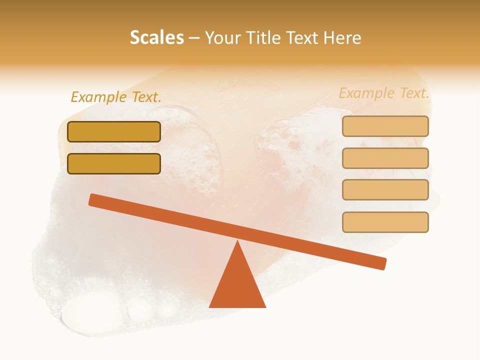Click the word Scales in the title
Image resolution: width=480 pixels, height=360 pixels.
tap(156, 37)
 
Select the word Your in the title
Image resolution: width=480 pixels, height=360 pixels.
tap(223, 37)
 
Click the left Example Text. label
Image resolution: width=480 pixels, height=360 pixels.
tap(116, 97)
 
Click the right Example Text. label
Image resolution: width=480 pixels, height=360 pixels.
tap(384, 93)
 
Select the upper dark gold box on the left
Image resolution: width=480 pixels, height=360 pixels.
tap(114, 131)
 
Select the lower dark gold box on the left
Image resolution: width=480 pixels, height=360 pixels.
tap(114, 163)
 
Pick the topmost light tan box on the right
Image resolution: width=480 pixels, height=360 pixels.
tap(385, 126)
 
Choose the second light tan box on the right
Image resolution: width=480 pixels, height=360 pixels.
tap(385, 158)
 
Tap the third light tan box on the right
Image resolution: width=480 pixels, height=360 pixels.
tap(385, 189)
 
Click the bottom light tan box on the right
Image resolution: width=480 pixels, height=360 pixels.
tap(385, 222)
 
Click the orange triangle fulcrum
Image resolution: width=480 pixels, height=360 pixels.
tap(237, 285)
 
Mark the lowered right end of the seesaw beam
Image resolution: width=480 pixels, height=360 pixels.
tap(382, 263)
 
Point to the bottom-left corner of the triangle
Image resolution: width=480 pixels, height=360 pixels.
tap(210, 306)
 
